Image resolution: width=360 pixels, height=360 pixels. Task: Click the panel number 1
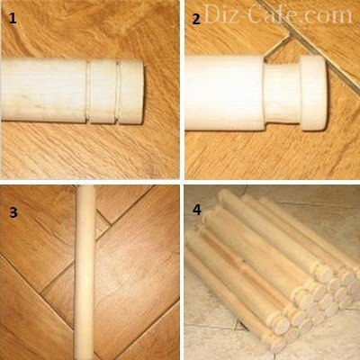point(13,19)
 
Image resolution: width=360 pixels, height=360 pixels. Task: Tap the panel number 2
point(196,20)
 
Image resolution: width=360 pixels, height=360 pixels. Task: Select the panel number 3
point(13,212)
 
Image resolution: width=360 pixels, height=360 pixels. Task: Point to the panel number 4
point(197,210)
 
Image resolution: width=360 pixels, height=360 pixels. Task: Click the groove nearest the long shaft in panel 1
point(88,92)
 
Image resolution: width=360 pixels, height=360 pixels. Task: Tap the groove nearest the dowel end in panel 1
point(118,92)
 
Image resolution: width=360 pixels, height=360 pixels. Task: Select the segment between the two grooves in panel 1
point(103,92)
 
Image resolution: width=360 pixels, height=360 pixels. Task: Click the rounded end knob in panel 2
point(312,93)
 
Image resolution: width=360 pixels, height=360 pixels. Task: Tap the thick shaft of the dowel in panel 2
point(225,93)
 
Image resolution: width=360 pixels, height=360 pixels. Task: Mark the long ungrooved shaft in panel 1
point(44,90)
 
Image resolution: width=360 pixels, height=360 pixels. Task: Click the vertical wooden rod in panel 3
point(85,273)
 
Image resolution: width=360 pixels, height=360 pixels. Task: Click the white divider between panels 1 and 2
point(182,89)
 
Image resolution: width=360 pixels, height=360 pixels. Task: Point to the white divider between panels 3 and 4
point(182,273)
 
